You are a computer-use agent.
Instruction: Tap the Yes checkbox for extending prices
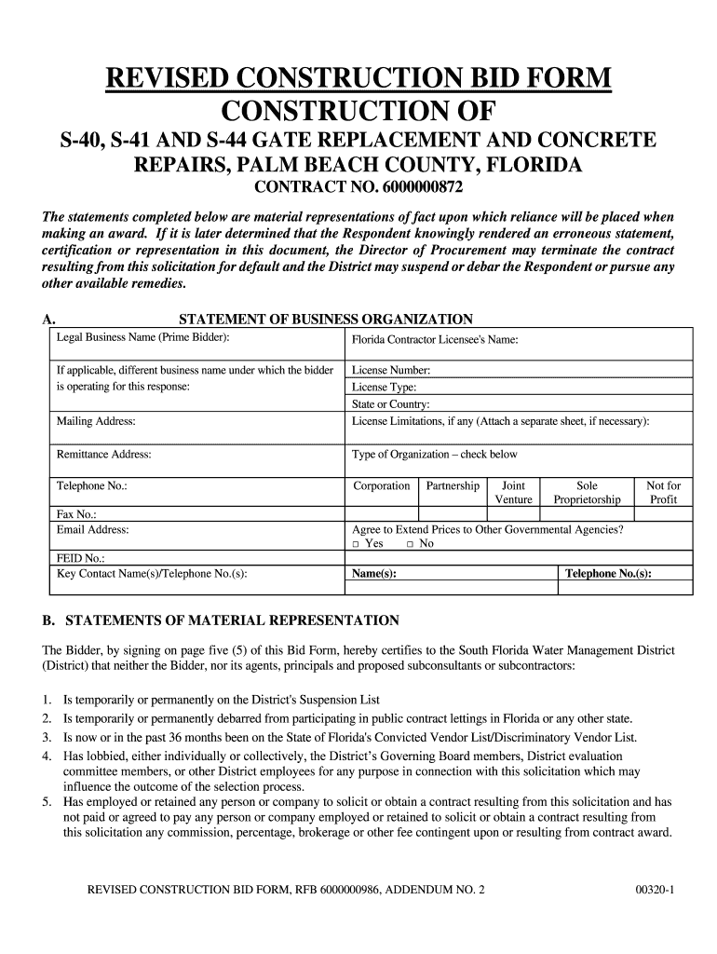pyautogui.click(x=356, y=544)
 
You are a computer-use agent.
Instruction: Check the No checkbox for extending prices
pyautogui.click(x=410, y=544)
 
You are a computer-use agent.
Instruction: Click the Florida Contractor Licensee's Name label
pyautogui.click(x=434, y=340)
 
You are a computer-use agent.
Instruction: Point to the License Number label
pyautogui.click(x=391, y=370)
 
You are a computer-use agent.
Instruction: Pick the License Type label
pyautogui.click(x=384, y=388)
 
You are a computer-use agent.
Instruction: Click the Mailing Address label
pyautogui.click(x=97, y=421)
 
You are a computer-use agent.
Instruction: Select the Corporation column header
pyautogui.click(x=381, y=485)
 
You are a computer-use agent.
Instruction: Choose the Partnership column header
pyautogui.click(x=453, y=485)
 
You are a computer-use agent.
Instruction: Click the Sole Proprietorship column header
pyautogui.click(x=587, y=493)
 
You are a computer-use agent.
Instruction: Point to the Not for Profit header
pyautogui.click(x=663, y=493)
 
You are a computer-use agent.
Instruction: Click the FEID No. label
pyautogui.click(x=80, y=559)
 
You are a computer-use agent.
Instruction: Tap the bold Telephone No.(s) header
pyautogui.click(x=608, y=574)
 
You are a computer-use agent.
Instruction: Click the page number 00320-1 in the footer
pyautogui.click(x=655, y=890)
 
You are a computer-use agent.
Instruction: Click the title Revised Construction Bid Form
pyautogui.click(x=358, y=79)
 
